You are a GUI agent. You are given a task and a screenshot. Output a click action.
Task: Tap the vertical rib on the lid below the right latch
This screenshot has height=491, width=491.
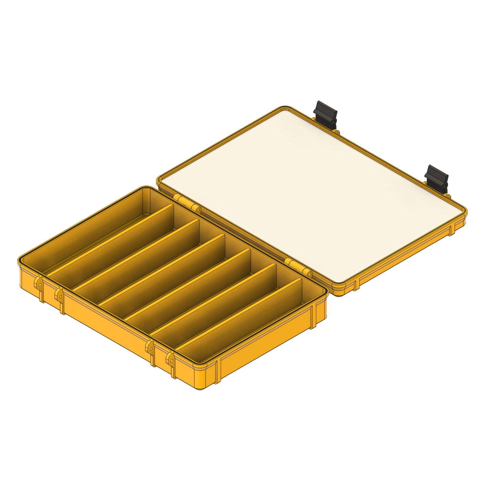click(452, 230)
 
